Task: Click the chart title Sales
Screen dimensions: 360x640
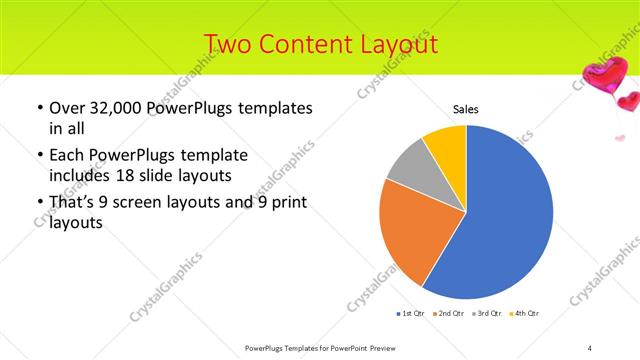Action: coord(466,108)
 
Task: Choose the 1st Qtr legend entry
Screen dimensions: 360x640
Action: coord(410,315)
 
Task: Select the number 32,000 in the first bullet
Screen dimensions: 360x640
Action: coord(116,107)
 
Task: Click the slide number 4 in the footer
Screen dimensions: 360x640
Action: coord(590,348)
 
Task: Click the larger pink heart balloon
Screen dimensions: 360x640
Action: coord(603,73)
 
